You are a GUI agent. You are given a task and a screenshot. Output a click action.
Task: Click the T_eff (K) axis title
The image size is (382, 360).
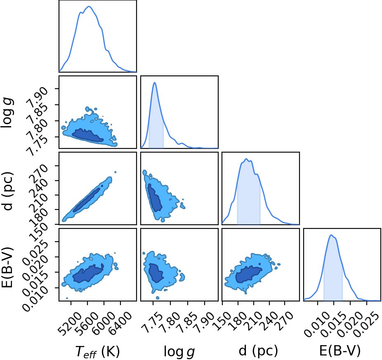[x=98, y=352]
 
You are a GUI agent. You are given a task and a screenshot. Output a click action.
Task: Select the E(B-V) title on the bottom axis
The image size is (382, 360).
[x=340, y=351]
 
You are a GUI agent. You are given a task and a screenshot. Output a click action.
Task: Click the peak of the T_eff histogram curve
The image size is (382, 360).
[x=89, y=6]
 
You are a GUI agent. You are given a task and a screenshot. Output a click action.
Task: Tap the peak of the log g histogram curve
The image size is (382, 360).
[x=154, y=82]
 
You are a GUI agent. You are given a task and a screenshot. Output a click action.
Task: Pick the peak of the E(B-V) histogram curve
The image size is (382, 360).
[x=331, y=235]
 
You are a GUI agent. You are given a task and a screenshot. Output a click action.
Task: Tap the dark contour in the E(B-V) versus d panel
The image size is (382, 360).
[x=249, y=274]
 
